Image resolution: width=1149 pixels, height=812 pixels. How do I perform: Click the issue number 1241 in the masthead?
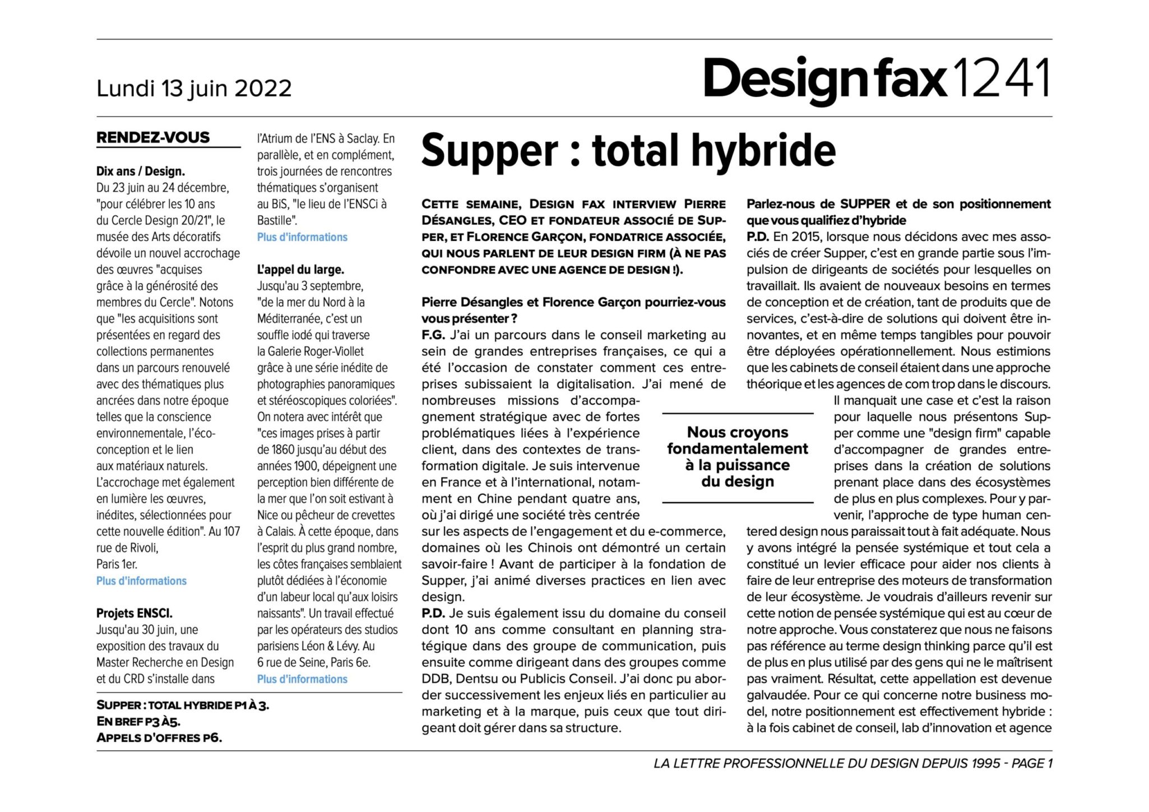click(1001, 78)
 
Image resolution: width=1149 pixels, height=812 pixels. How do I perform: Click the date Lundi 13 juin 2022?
click(194, 89)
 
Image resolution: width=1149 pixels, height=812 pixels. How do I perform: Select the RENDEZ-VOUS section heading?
click(153, 137)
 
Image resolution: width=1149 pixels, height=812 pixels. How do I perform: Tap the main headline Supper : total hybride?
click(628, 150)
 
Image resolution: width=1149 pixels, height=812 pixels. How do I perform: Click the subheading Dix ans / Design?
click(140, 171)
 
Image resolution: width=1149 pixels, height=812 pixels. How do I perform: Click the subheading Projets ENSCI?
click(134, 613)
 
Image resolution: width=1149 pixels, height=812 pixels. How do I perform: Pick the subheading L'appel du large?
click(300, 270)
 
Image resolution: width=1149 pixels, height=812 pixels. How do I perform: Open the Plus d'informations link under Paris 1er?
click(141, 581)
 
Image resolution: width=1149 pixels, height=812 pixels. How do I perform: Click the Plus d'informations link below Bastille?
click(302, 237)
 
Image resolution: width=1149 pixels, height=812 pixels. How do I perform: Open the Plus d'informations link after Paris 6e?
click(302, 679)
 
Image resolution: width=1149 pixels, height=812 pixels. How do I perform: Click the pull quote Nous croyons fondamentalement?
click(737, 457)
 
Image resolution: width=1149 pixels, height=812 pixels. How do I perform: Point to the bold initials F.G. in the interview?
click(433, 335)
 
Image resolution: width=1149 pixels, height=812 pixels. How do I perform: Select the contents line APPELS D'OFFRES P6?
click(159, 737)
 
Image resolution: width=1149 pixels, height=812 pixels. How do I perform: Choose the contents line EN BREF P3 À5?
click(138, 721)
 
